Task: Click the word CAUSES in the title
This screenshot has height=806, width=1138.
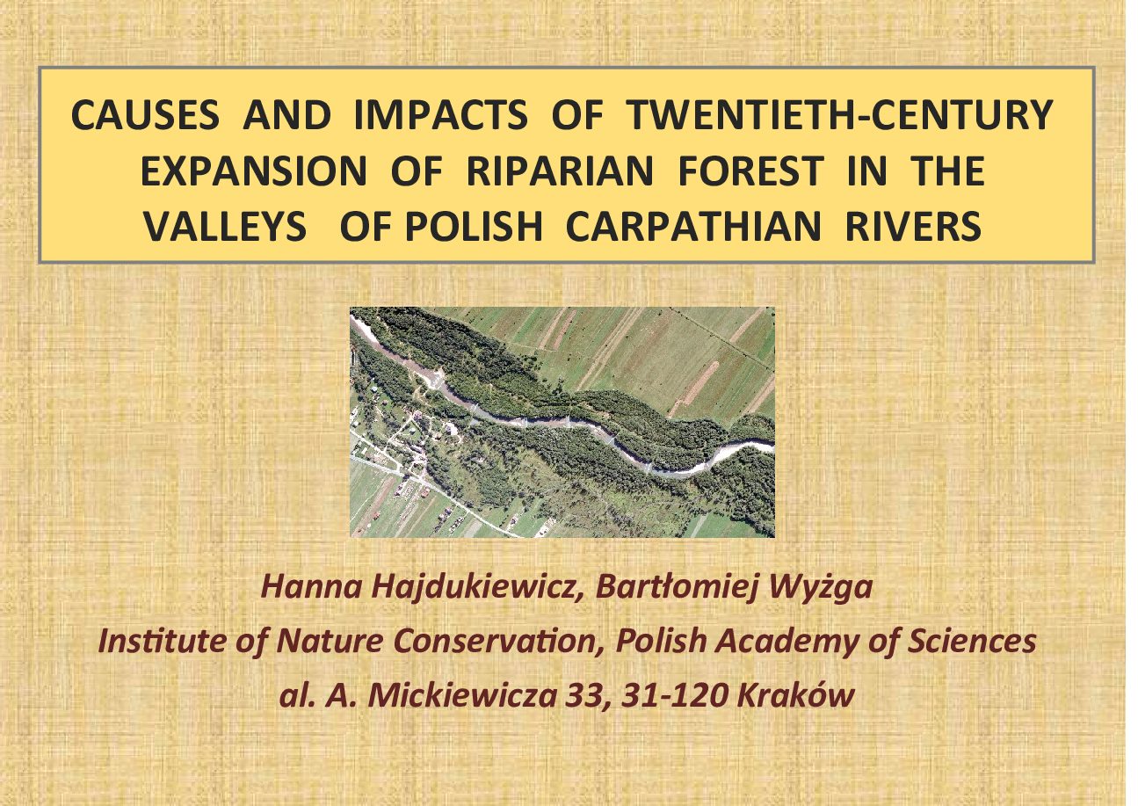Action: pyautogui.click(x=145, y=115)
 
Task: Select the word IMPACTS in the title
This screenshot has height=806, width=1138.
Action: pyautogui.click(x=440, y=115)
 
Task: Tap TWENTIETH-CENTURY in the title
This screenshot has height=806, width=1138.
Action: pyautogui.click(x=839, y=115)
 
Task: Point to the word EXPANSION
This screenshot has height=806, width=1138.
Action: pyautogui.click(x=253, y=171)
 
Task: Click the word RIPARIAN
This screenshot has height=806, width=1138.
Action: pyautogui.click(x=560, y=171)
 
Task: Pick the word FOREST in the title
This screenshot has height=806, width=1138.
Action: pyautogui.click(x=750, y=171)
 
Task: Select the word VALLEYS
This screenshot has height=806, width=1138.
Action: pyautogui.click(x=225, y=226)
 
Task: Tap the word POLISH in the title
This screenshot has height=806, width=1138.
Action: pyautogui.click(x=474, y=226)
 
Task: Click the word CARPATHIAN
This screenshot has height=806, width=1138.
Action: pyautogui.click(x=693, y=226)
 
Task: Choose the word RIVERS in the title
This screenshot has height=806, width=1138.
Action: pyautogui.click(x=913, y=226)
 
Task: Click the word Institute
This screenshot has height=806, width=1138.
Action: pyautogui.click(x=163, y=642)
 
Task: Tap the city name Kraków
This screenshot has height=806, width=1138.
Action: pyautogui.click(x=795, y=694)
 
